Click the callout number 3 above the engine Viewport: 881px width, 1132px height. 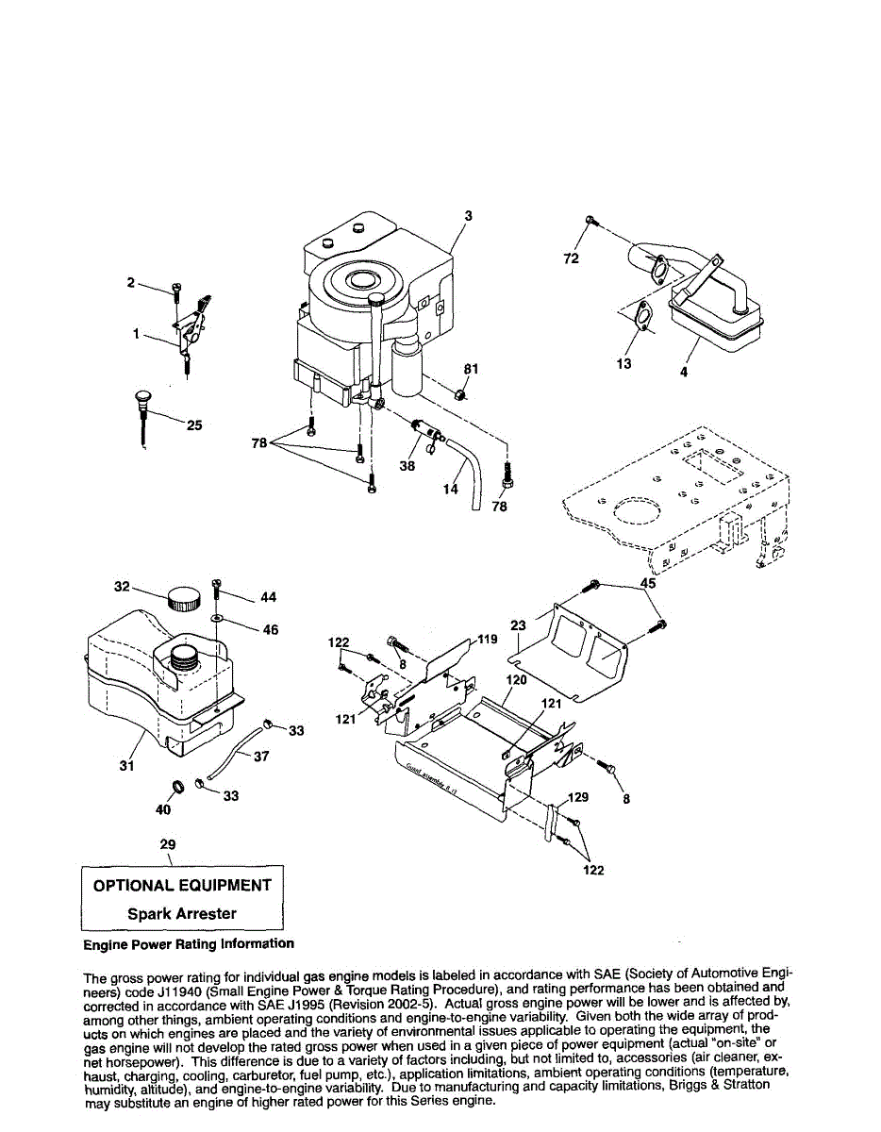click(468, 216)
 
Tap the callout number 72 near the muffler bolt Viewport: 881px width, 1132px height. click(571, 258)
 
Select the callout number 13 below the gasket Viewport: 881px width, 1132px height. click(624, 364)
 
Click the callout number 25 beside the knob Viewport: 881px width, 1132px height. click(193, 425)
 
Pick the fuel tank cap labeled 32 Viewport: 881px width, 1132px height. click(184, 598)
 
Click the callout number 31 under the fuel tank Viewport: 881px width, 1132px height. click(127, 766)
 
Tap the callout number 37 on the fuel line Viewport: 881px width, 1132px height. click(261, 757)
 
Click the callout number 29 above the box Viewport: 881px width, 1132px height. click(168, 844)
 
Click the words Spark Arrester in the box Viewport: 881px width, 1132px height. click(182, 913)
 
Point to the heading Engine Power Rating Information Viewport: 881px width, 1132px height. click(189, 943)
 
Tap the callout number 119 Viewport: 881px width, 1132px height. click(488, 640)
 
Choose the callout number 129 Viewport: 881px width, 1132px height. click(578, 797)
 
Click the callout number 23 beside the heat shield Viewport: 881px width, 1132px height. click(518, 624)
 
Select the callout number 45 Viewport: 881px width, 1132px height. click(648, 584)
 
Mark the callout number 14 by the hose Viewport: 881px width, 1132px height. click(451, 489)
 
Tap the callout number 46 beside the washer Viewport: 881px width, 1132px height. click(270, 629)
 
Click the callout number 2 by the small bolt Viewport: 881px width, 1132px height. click(131, 282)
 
